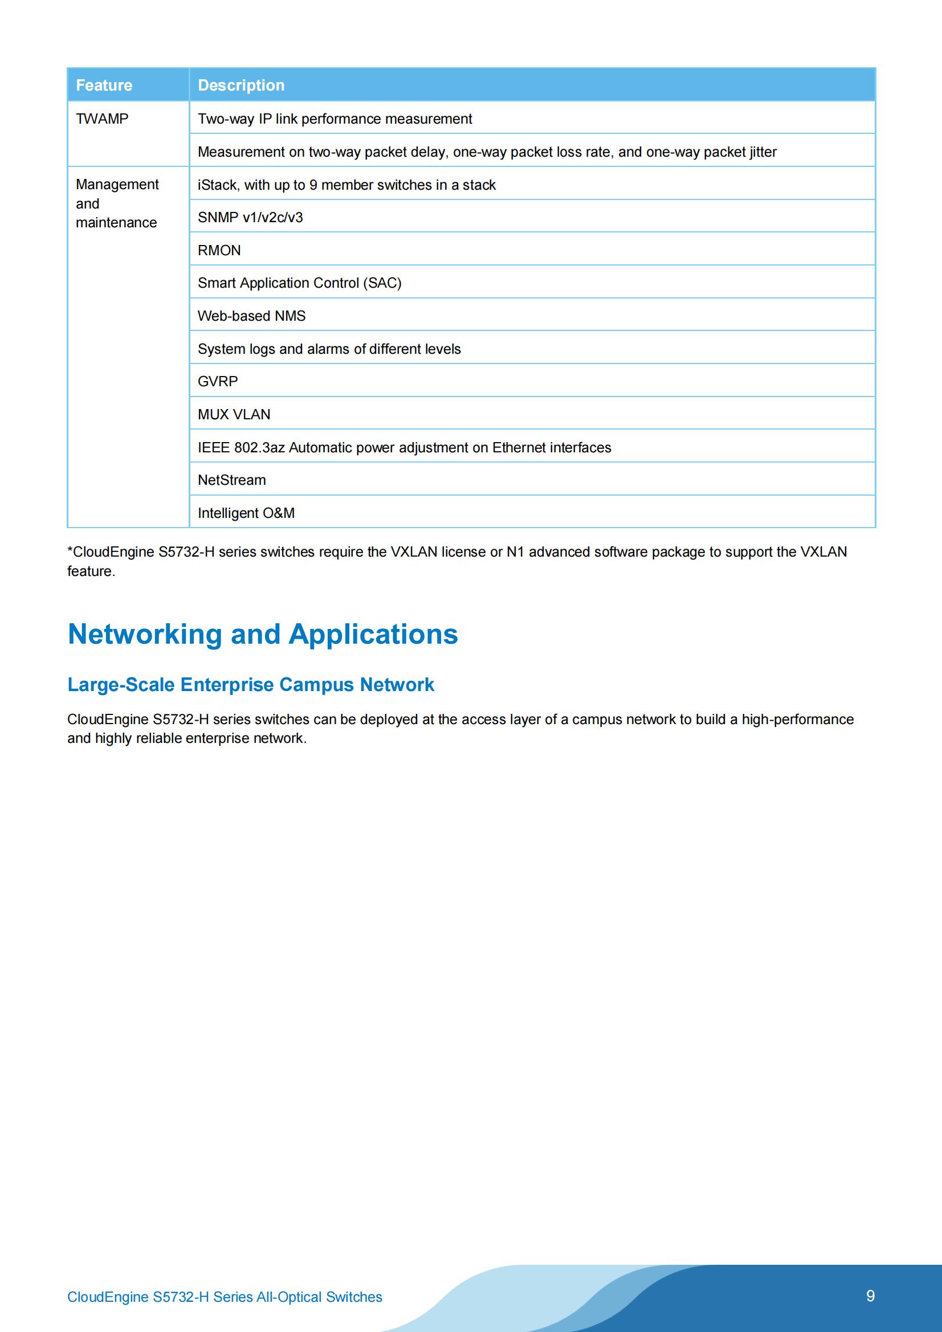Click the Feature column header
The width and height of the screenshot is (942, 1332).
click(x=104, y=85)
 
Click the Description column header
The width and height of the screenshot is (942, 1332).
click(x=241, y=85)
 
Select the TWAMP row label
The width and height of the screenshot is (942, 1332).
click(x=102, y=119)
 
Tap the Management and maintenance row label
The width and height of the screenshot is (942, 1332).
click(x=117, y=203)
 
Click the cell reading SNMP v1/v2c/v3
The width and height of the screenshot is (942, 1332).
click(x=250, y=218)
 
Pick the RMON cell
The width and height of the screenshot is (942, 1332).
click(x=219, y=250)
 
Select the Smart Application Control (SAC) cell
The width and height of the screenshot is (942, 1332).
click(x=300, y=283)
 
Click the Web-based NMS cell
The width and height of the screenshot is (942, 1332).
click(x=251, y=316)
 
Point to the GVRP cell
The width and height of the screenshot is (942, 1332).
click(x=218, y=382)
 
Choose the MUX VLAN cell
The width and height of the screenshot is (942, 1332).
click(x=234, y=415)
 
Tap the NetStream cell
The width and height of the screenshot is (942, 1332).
click(x=231, y=480)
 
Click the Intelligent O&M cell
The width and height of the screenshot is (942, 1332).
click(x=246, y=513)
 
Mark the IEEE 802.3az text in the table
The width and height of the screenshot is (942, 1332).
click(x=242, y=448)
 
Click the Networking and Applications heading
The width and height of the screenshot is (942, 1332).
click(x=262, y=634)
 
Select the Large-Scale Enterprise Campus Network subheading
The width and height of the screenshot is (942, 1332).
click(x=250, y=685)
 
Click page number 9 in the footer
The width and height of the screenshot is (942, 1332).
click(x=870, y=1296)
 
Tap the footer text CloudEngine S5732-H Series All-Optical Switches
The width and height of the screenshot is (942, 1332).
click(x=225, y=1297)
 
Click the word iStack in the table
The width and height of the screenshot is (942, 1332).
click(x=218, y=185)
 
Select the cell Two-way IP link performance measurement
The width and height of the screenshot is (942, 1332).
click(x=335, y=119)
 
